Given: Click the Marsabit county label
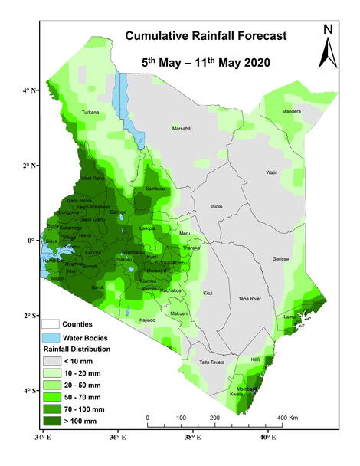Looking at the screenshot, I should click(x=181, y=128).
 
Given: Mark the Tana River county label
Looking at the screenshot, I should click(x=250, y=298).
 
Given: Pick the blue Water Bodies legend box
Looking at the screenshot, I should click(x=51, y=337).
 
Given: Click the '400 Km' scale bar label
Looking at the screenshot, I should click(x=287, y=418).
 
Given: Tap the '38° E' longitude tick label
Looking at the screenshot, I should click(x=191, y=438).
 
